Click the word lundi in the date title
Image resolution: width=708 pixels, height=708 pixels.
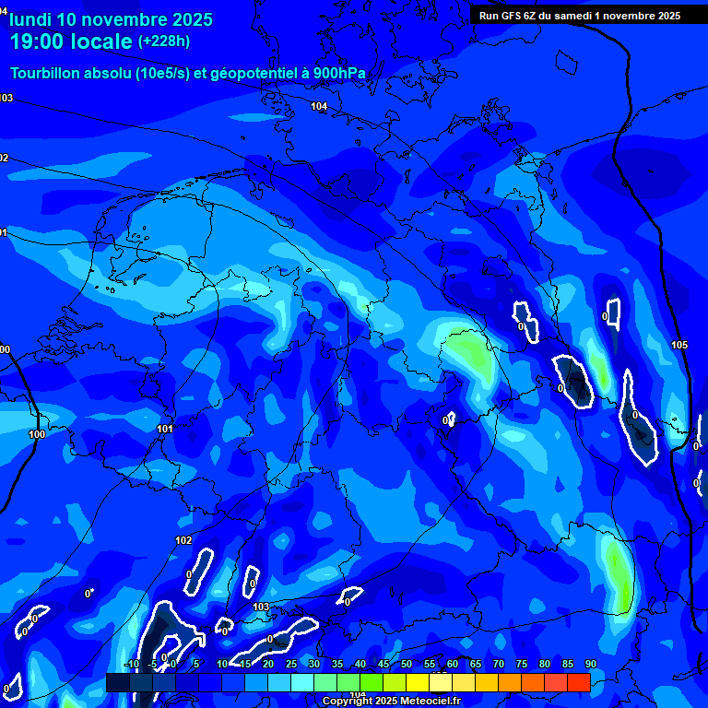[x=30, y=19]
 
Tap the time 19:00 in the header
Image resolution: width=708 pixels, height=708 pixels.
[x=38, y=41]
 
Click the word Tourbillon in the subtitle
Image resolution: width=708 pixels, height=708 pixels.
[x=47, y=74]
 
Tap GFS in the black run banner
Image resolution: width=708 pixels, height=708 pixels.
[x=513, y=16]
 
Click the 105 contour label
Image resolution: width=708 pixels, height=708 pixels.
[x=679, y=345]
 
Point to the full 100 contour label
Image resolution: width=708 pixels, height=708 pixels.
[x=37, y=434]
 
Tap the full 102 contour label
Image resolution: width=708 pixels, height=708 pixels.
[x=183, y=540]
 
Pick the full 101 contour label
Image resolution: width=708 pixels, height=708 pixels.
[x=165, y=429]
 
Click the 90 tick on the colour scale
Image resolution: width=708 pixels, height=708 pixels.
[x=590, y=664]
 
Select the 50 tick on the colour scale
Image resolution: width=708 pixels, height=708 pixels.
[x=407, y=664]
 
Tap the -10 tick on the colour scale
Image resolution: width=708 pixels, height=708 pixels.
[x=132, y=664]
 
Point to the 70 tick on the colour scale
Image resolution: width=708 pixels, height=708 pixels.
[x=499, y=664]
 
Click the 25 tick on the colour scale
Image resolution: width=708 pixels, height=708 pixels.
[x=291, y=664]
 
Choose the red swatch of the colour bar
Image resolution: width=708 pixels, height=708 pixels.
[x=578, y=682]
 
